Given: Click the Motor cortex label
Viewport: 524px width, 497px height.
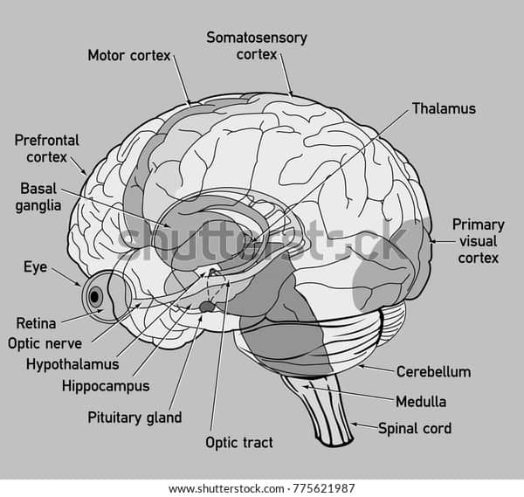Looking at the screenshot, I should (129, 56).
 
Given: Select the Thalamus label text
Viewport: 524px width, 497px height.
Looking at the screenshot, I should (444, 109).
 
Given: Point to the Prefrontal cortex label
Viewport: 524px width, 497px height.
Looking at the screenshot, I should (46, 148).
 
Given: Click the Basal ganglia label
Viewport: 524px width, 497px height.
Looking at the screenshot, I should (39, 197).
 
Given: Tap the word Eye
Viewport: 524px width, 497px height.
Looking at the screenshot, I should (35, 267).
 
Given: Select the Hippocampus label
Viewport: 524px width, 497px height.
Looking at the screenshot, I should (106, 385).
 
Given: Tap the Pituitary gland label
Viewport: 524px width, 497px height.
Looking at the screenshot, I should (134, 418).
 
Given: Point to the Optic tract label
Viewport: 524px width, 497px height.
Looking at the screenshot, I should (238, 443).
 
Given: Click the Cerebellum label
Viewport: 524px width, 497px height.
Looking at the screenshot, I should (433, 372).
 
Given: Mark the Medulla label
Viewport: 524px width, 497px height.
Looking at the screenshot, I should (421, 403).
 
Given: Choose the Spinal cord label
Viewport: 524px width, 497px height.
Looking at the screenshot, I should (414, 429).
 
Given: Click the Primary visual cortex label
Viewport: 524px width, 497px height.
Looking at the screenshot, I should (478, 241).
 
